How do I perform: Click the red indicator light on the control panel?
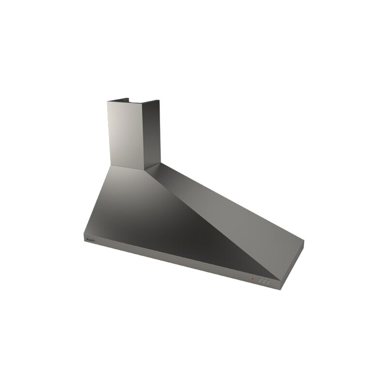click(x=252, y=279)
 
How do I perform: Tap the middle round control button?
click(x=264, y=281)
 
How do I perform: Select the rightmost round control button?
click(x=268, y=282)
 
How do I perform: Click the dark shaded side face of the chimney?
click(x=151, y=133)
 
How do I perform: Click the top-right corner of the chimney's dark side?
click(x=160, y=101)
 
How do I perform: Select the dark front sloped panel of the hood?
click(x=160, y=218)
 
